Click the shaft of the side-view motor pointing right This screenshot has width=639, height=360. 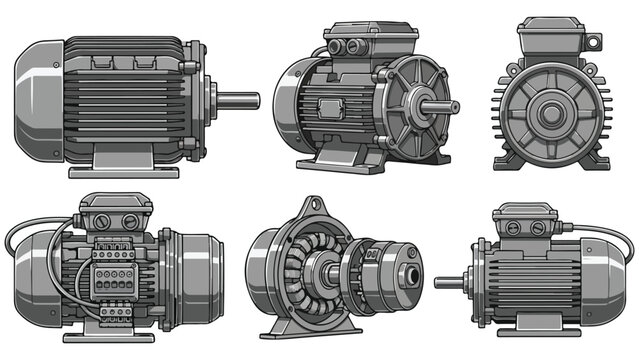click(238, 100)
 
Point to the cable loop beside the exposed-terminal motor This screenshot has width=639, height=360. click(22, 237)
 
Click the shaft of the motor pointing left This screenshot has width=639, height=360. click(449, 283)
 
